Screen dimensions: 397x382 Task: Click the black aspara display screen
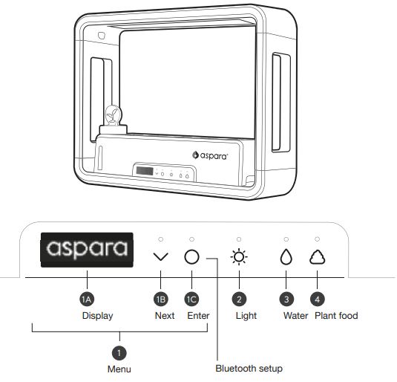pos(87,250)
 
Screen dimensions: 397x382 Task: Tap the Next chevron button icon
pos(161,256)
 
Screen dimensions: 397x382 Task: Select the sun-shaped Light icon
pos(239,257)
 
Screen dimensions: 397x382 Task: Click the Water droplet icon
pos(286,256)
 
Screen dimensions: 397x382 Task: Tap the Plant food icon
pos(318,257)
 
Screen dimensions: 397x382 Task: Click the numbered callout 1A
pos(87,300)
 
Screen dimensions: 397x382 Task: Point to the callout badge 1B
pos(161,300)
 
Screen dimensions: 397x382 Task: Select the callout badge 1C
pos(191,300)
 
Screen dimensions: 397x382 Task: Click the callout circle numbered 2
pos(239,300)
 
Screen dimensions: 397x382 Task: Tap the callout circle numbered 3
pos(286,300)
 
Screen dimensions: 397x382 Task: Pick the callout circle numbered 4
pos(318,300)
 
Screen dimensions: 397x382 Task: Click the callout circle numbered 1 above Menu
pos(119,353)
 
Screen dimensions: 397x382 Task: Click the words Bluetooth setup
pos(249,369)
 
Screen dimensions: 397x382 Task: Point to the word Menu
pos(119,369)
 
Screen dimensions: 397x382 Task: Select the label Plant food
pos(336,316)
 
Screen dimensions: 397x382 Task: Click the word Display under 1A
pos(97,316)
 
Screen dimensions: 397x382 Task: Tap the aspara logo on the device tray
pos(210,155)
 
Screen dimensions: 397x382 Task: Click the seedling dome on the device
pos(113,115)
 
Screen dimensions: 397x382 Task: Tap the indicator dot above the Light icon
pos(239,239)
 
